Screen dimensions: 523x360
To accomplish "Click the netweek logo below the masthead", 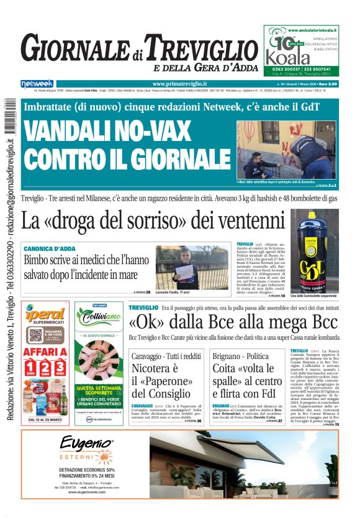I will point(37,84).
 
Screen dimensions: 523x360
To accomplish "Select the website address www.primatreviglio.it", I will point(179,84).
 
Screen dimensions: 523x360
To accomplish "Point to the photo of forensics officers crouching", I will point(286,149).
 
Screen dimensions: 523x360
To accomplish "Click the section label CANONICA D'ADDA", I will point(51,248).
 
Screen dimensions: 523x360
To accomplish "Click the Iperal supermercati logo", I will point(45,316).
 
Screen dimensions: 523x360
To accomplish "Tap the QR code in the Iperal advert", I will point(35,335).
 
